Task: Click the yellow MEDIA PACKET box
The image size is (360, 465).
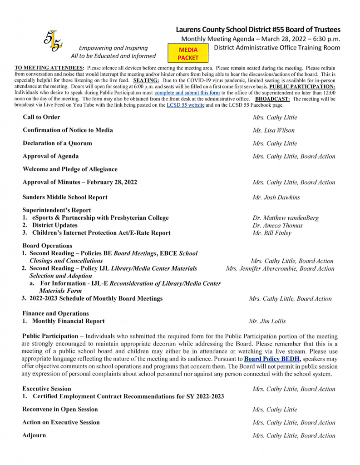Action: click(188, 53)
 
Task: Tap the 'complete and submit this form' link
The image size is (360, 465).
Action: click(187, 93)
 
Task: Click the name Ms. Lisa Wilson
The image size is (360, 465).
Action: click(274, 130)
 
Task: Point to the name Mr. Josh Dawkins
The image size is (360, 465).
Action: click(276, 198)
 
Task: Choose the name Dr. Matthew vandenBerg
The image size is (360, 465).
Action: click(286, 218)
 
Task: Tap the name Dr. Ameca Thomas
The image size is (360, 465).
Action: click(278, 226)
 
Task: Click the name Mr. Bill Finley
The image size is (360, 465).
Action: click(272, 233)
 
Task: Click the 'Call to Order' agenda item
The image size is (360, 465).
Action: click(41, 117)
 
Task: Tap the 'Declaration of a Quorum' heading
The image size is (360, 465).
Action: click(57, 143)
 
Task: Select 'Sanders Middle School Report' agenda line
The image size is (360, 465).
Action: click(65, 197)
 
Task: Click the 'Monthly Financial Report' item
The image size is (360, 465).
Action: click(68, 321)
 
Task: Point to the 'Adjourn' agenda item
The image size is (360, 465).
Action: click(34, 435)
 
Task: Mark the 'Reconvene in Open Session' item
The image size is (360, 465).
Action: click(60, 409)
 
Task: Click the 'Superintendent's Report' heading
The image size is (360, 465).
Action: click(57, 210)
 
